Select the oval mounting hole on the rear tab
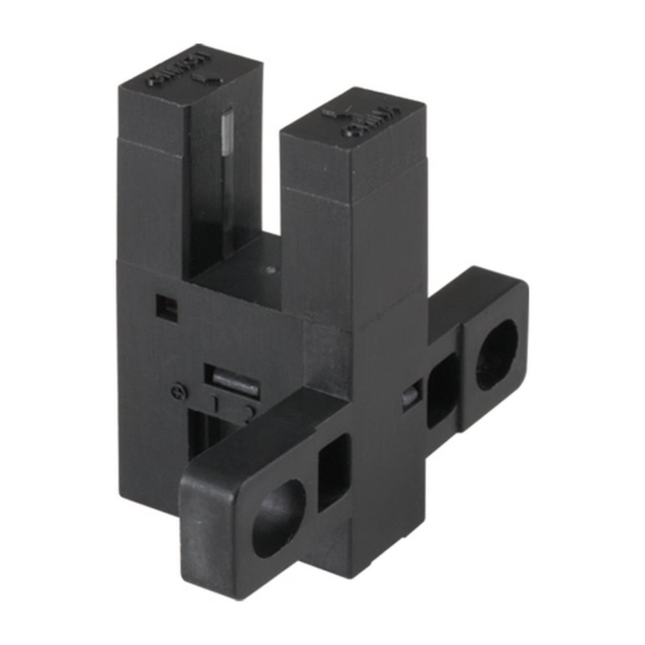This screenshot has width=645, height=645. (x=497, y=355)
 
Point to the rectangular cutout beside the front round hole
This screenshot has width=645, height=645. (x=333, y=471)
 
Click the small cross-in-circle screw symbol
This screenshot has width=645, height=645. (x=181, y=392)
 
